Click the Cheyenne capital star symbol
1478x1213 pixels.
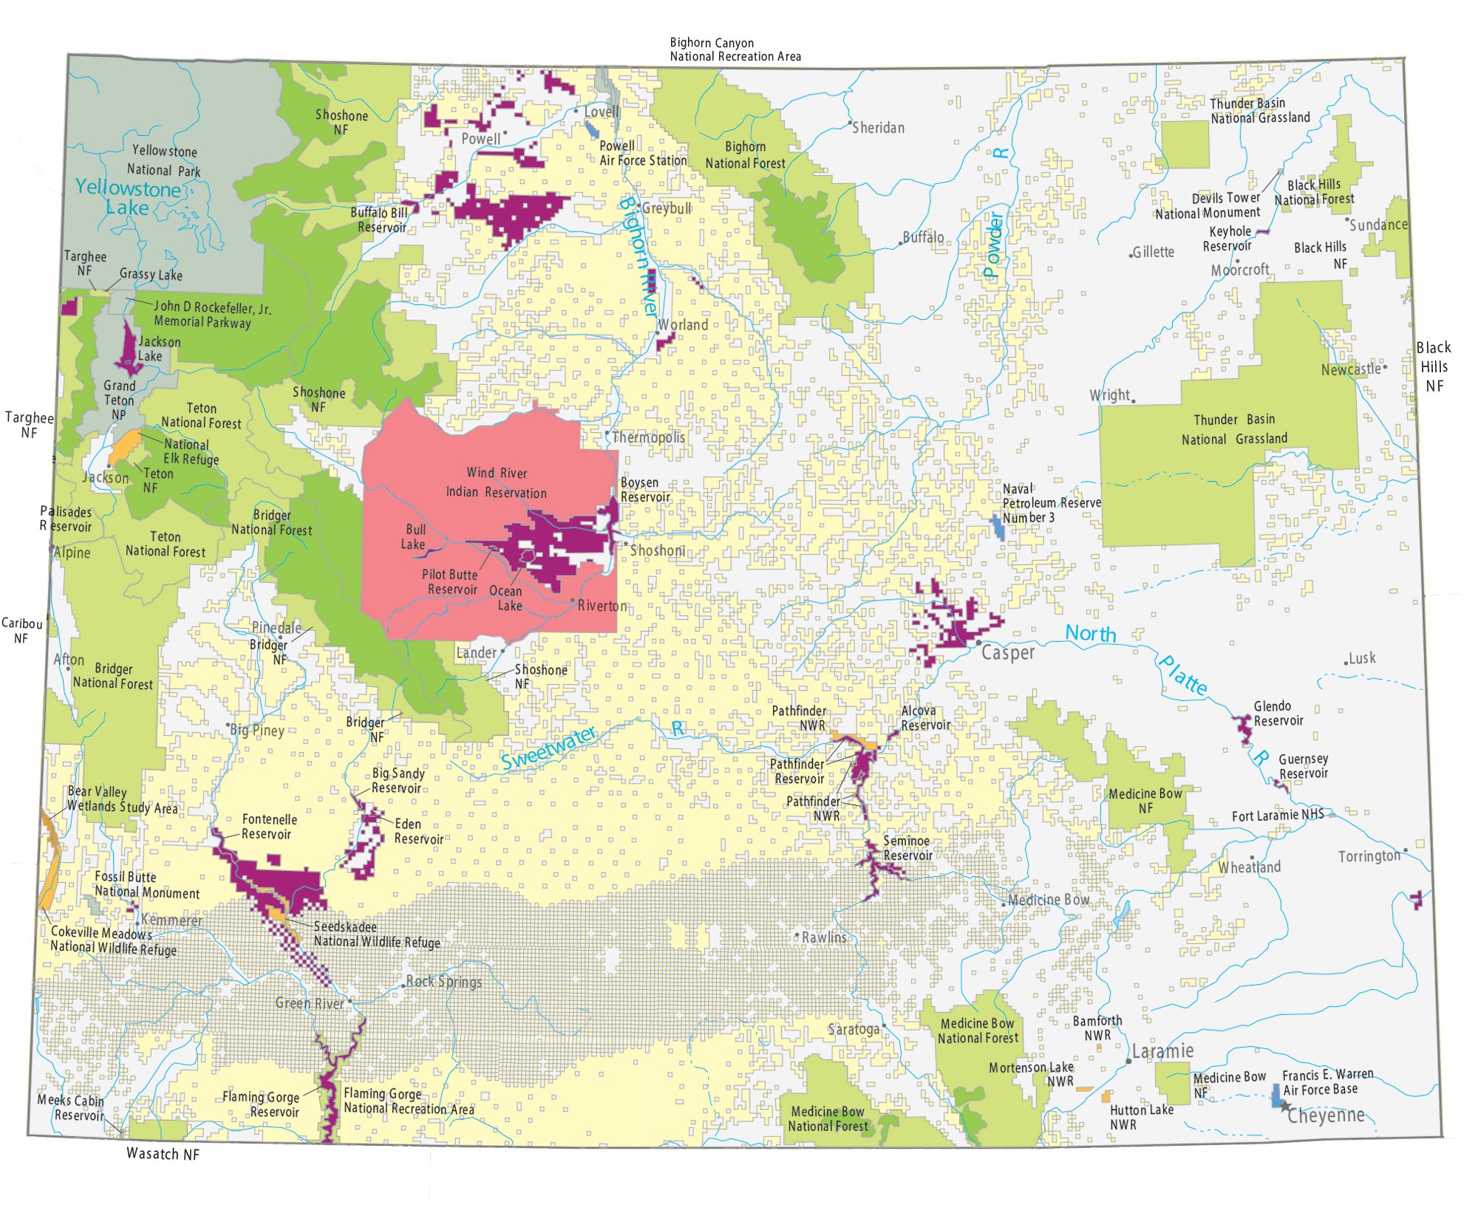(x=1285, y=1107)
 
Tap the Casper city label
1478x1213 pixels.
(x=1007, y=653)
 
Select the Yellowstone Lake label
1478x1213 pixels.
(x=127, y=198)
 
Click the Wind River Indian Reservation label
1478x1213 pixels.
(x=496, y=482)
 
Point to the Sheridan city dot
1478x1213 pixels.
(x=850, y=122)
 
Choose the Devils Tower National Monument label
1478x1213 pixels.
(x=1208, y=206)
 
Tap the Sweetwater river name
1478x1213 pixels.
(x=548, y=748)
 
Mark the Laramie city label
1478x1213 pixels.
(x=1162, y=1050)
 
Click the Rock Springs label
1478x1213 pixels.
(x=444, y=982)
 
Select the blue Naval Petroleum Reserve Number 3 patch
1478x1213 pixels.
(x=998, y=527)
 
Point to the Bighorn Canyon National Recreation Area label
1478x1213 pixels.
(x=735, y=49)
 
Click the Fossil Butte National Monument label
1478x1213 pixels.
(x=146, y=885)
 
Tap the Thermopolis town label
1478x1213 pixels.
(x=648, y=437)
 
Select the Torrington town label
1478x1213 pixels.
(x=1369, y=856)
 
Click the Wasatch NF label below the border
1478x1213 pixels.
(x=163, y=1154)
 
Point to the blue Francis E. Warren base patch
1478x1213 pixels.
(x=1276, y=1095)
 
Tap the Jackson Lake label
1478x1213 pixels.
(x=158, y=349)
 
